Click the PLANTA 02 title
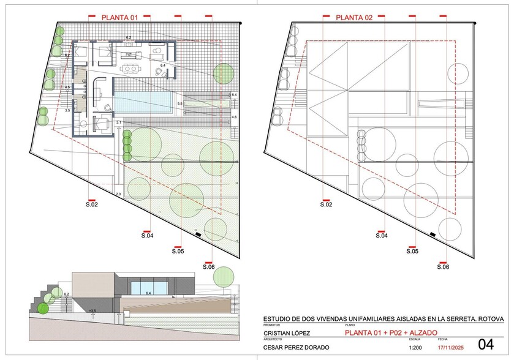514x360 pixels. (354, 18)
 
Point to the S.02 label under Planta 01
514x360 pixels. (91, 205)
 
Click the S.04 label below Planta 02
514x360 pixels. (381, 235)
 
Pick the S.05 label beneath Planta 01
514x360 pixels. (178, 251)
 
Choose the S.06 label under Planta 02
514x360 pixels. (444, 266)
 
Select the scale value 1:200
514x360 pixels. (414, 347)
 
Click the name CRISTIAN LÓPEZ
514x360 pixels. (286, 333)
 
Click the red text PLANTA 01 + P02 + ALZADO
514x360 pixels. (390, 332)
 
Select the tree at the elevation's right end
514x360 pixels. (223, 277)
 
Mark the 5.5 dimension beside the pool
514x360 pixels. (180, 105)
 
